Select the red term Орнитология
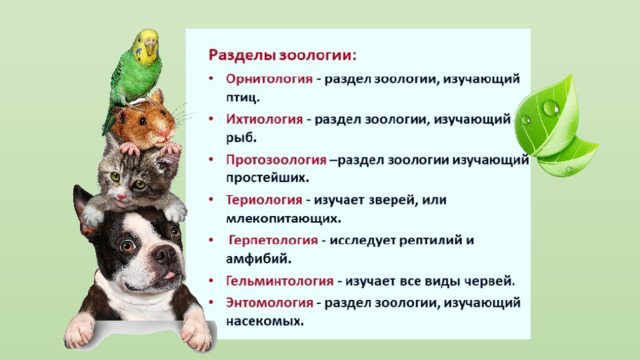[269, 78]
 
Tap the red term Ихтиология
[264, 119]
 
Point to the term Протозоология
[276, 160]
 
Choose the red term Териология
[264, 200]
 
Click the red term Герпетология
[273, 240]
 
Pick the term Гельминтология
[280, 281]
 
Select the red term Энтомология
[269, 303]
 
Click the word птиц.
[243, 98]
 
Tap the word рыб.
[241, 138]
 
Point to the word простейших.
[267, 178]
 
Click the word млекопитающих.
[283, 218]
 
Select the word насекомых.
[265, 321]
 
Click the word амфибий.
[259, 258]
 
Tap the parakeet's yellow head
[146, 46]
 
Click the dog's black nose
[164, 255]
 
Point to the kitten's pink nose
[122, 197]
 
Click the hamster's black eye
[142, 121]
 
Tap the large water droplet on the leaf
[551, 109]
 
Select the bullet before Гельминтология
[211, 281]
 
